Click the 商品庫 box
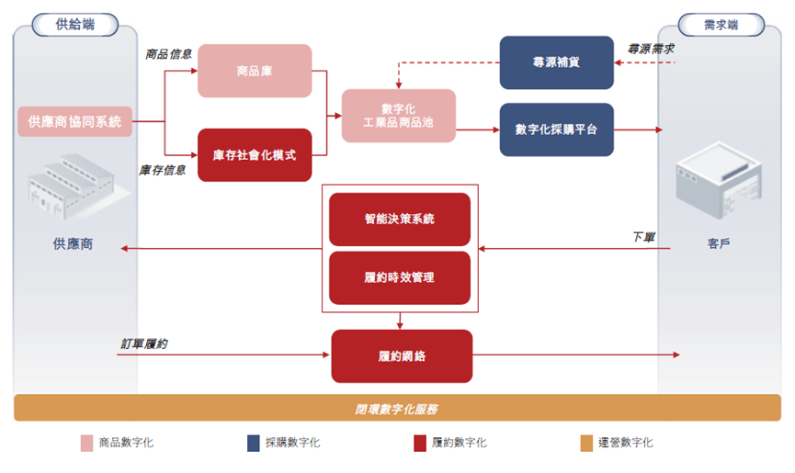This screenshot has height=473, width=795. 255,71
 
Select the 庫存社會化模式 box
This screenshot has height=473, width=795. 255,155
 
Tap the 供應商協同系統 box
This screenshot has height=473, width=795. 74,121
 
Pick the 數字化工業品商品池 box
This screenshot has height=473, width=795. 399,116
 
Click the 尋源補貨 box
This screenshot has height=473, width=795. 556,62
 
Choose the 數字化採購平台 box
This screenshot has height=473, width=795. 556,130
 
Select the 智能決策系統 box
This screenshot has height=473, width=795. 400,220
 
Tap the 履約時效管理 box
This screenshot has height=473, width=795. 400,277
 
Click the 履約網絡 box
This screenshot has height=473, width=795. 402,355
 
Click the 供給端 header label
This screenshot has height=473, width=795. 74,24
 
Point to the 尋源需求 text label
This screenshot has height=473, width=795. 651,47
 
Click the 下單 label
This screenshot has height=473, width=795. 644,237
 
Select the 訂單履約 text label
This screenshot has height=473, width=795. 144,343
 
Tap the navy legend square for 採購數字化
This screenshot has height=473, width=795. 254,444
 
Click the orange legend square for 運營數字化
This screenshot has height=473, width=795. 586,444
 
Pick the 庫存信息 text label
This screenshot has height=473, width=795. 164,170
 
